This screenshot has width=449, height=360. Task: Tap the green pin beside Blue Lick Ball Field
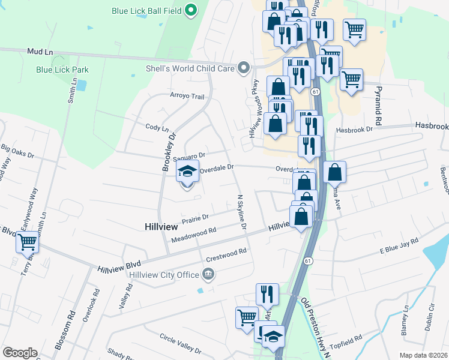click(x=191, y=10)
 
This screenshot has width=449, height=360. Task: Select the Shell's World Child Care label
click(x=190, y=69)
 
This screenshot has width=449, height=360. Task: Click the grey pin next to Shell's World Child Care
click(x=243, y=68)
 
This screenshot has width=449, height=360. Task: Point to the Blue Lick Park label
click(x=62, y=70)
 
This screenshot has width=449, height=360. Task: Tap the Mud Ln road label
click(x=37, y=53)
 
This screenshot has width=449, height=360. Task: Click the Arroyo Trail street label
click(x=187, y=97)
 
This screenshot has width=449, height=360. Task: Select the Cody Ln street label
click(x=157, y=127)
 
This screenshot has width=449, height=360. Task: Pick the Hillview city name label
click(x=161, y=227)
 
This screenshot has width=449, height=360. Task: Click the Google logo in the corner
click(x=20, y=353)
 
